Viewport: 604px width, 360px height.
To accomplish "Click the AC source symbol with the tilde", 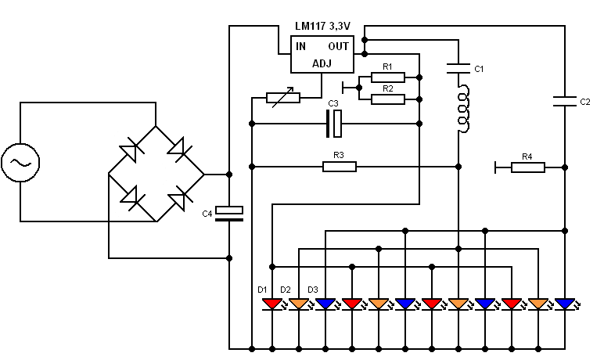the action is (20, 162).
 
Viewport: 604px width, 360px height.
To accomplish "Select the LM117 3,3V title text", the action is (323, 26).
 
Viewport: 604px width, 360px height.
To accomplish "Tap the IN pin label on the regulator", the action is (301, 47).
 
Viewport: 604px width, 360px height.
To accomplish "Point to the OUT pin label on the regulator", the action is (338, 47).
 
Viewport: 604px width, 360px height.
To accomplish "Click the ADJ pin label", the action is (322, 63).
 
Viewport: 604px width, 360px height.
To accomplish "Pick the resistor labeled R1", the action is (388, 77).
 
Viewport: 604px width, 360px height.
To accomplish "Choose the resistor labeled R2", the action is (388, 99).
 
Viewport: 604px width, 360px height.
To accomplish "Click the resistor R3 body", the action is (340, 167).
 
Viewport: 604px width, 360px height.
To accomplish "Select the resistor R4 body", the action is (528, 167).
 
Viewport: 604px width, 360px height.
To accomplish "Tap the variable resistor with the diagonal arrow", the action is (283, 98).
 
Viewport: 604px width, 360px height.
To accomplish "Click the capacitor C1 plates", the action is (458, 69).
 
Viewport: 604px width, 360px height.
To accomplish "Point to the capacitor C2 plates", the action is (565, 102).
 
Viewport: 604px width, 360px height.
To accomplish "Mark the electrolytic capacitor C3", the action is (334, 124).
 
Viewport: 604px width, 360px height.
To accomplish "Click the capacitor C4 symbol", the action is (229, 214).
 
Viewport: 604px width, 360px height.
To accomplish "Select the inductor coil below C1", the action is (462, 109).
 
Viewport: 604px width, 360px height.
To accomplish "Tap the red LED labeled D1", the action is (272, 304).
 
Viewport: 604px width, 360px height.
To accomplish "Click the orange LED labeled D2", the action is (299, 304).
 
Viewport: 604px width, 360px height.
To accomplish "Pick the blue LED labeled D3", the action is (325, 304).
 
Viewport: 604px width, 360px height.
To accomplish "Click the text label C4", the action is (207, 214).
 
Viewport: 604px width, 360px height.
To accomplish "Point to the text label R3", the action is (339, 155).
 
